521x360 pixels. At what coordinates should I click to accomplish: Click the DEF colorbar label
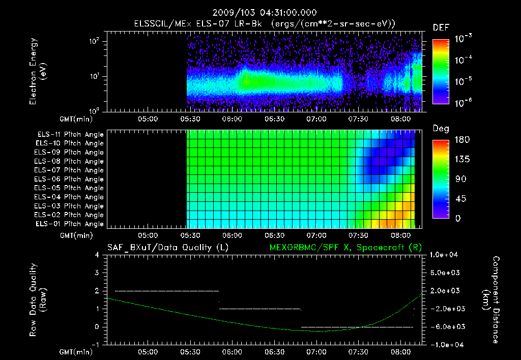pyautogui.click(x=441, y=28)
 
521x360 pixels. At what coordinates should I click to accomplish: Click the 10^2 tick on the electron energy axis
pyautogui.click(x=95, y=42)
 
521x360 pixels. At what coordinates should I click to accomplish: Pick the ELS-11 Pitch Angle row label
pyautogui.click(x=70, y=135)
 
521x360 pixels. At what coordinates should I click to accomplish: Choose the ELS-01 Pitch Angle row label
pyautogui.click(x=70, y=224)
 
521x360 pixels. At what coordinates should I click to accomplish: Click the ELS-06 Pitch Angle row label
pyautogui.click(x=70, y=179)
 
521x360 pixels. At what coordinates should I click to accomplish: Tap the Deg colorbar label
pyautogui.click(x=441, y=129)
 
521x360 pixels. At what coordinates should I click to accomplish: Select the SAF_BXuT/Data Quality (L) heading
pyautogui.click(x=167, y=248)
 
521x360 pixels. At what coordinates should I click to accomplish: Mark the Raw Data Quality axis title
pyautogui.click(x=38, y=300)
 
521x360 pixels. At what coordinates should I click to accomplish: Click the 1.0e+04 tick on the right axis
pyautogui.click(x=446, y=255)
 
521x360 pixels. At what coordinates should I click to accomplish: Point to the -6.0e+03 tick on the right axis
pyautogui.click(x=446, y=327)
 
